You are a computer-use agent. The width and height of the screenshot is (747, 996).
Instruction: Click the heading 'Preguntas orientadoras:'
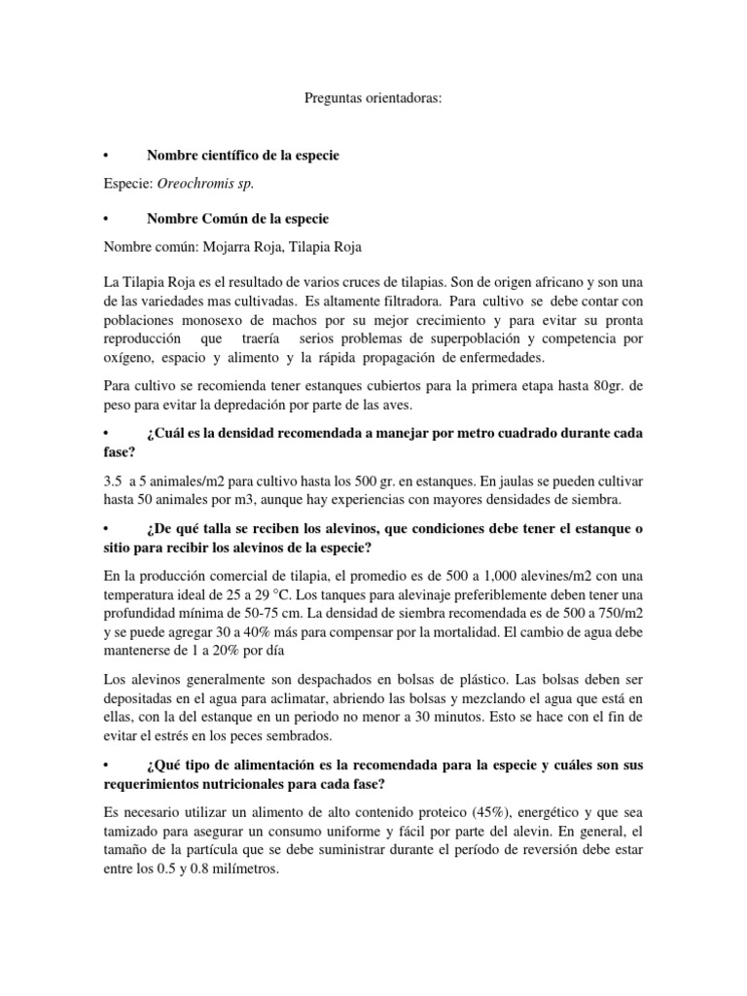(x=373, y=98)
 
